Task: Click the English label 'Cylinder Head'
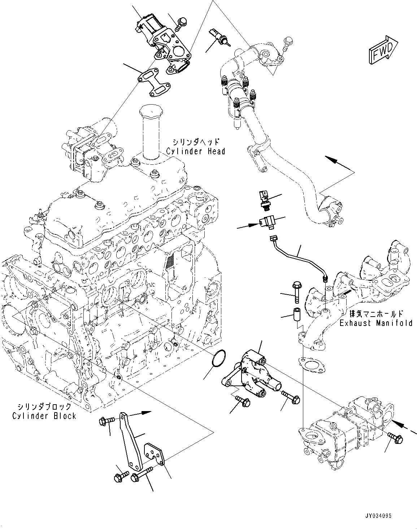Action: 195,151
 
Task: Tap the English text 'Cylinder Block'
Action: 44,416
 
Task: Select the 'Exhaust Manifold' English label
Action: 375,323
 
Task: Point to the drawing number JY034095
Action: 375,516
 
